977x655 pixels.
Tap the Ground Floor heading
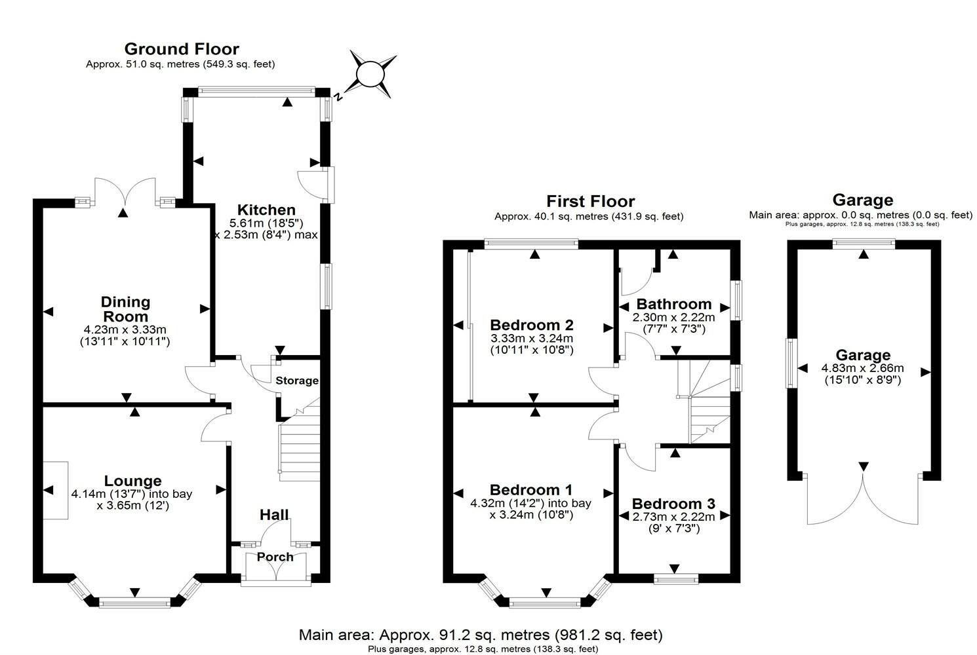181,49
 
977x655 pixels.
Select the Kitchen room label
266,210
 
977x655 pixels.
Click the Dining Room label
125,309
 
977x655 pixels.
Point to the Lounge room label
133,481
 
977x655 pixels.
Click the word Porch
275,557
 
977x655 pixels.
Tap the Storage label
297,381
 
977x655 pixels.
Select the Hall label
274,515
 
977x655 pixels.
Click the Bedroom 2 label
532,325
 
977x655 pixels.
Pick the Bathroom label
674,304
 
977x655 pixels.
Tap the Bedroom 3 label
673,504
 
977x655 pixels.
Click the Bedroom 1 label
531,490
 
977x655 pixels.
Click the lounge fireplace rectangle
56,491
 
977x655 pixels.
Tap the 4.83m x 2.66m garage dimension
862,368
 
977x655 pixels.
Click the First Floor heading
591,201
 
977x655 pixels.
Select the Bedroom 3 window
676,578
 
